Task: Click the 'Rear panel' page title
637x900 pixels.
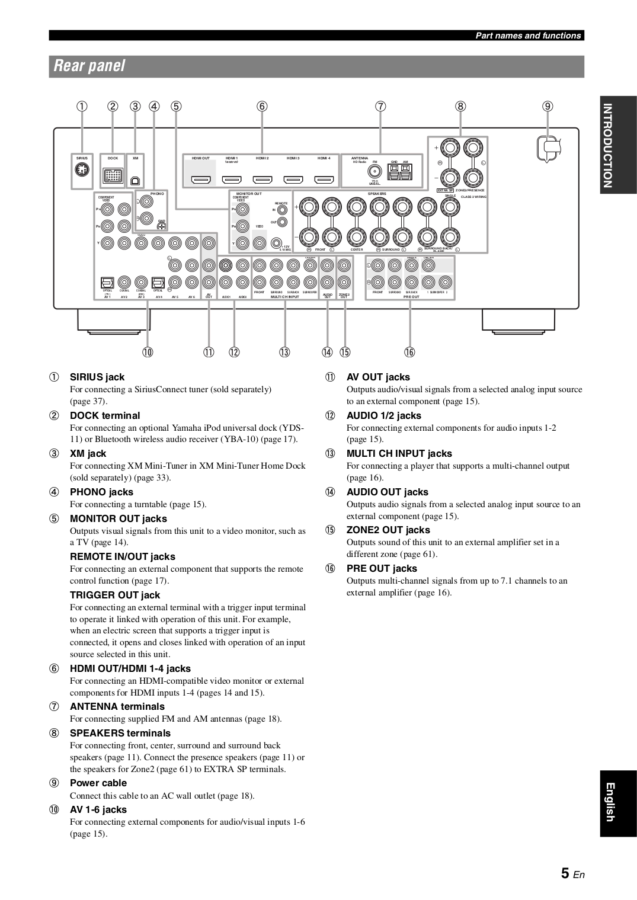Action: point(89,66)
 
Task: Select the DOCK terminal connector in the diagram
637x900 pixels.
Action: point(113,175)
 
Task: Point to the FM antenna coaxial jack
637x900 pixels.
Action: point(374,172)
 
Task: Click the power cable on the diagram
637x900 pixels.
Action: point(549,148)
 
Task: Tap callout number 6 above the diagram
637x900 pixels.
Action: point(262,107)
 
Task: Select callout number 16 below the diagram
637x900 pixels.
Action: point(410,353)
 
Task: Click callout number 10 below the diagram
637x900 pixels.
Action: point(147,353)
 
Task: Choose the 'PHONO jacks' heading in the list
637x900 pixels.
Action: point(101,492)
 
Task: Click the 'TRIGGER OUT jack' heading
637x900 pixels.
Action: point(115,595)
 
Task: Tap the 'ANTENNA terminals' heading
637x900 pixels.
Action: point(117,706)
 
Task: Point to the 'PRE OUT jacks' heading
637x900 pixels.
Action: point(382,568)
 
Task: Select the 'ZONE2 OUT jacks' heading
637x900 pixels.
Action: point(388,530)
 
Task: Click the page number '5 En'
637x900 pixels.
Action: point(572,873)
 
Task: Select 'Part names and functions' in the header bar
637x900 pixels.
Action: point(529,36)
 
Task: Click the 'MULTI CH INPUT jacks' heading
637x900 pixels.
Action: point(399,453)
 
